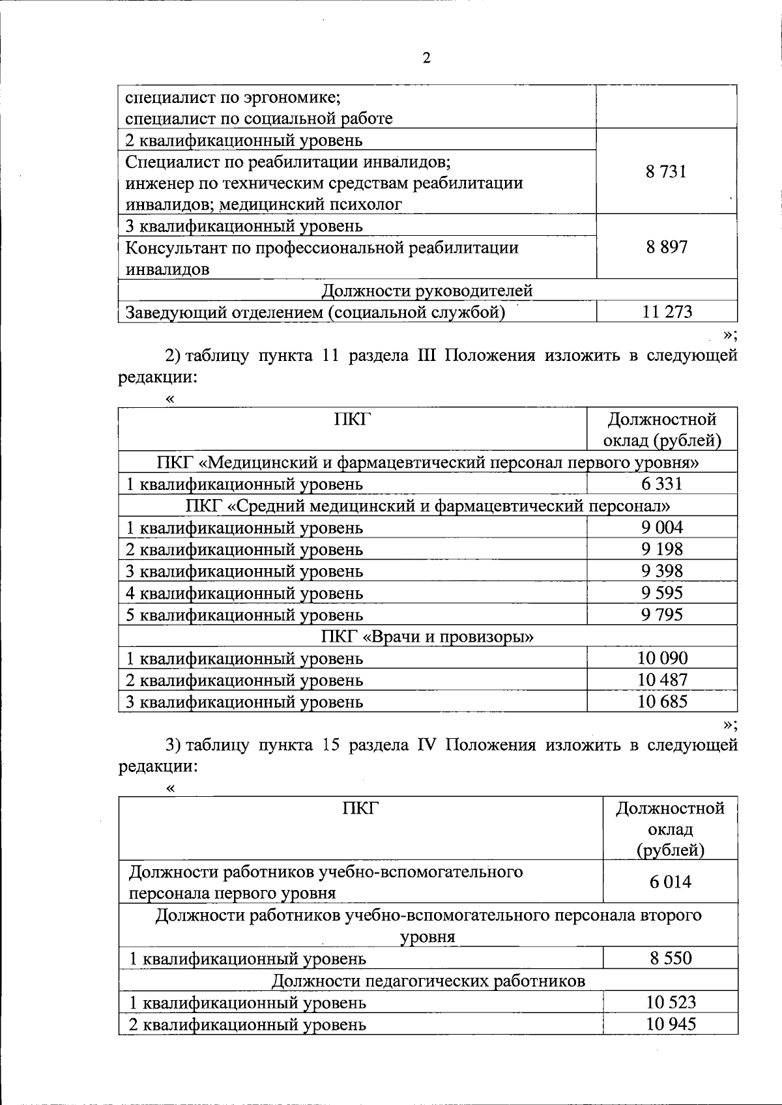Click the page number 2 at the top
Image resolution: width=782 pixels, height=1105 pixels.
426,59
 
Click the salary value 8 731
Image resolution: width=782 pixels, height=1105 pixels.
666,172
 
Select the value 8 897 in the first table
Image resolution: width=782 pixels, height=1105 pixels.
666,247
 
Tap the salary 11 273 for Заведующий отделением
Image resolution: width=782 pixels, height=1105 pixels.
666,312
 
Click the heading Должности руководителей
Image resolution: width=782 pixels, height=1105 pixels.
427,291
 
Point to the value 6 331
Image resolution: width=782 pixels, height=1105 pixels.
661,483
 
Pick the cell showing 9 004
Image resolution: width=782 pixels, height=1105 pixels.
661,527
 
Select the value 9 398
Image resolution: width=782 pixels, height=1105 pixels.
661,571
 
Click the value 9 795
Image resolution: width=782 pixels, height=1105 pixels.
661,614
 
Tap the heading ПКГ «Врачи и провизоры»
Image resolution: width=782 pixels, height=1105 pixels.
427,636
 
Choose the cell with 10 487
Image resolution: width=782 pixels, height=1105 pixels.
661,680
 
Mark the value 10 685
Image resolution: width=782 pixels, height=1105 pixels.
661,702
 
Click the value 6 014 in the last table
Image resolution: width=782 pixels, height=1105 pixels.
670,882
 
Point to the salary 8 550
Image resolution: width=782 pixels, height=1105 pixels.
670,958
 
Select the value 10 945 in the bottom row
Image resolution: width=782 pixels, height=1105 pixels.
670,1024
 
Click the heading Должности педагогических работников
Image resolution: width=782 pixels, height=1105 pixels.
427,980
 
